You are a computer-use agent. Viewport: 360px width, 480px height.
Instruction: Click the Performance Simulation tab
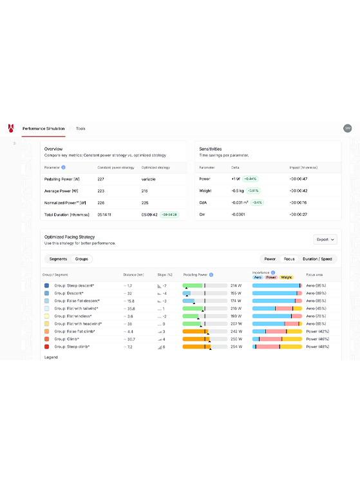(x=43, y=129)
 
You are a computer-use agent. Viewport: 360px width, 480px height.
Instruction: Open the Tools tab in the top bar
(x=81, y=129)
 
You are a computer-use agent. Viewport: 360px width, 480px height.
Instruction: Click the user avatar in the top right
(x=348, y=129)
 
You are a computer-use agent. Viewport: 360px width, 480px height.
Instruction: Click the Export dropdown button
(x=325, y=240)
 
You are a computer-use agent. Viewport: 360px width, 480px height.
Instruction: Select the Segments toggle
(x=58, y=259)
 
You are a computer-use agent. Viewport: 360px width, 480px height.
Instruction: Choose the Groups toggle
(x=82, y=259)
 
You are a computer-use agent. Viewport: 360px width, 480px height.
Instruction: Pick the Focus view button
(x=289, y=259)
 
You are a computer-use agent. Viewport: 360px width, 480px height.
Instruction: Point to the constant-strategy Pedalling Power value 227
(x=101, y=178)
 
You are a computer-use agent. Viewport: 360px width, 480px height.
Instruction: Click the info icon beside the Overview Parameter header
(x=63, y=167)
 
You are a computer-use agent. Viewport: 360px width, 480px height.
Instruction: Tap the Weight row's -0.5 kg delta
(x=237, y=190)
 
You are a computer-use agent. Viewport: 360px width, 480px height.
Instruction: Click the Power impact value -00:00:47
(x=298, y=178)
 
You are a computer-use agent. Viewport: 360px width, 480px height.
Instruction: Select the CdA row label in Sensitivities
(x=203, y=202)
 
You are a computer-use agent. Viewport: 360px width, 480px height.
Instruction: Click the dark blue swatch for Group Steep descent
(x=47, y=285)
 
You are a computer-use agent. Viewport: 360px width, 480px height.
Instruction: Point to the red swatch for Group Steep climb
(x=47, y=347)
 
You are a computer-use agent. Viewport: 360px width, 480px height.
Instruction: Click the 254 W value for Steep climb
(x=236, y=347)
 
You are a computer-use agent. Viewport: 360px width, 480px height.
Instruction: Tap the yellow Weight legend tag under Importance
(x=287, y=278)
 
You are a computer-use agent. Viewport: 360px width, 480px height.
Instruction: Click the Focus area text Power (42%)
(x=317, y=331)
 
